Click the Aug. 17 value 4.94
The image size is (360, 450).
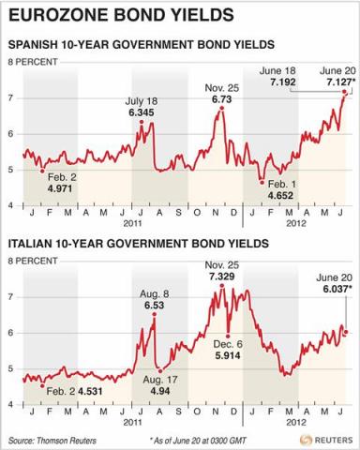[x=151, y=390]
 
